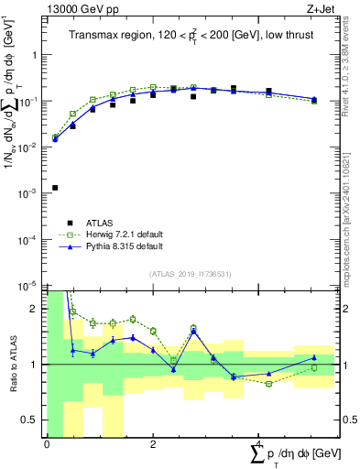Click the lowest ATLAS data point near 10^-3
point(55,188)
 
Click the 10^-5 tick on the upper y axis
point(27,286)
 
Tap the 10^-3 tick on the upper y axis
point(27,193)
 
